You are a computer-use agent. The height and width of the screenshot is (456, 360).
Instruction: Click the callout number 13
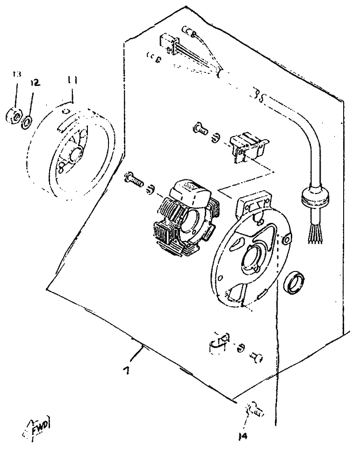click(x=16, y=74)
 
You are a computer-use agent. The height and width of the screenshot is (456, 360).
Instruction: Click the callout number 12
click(x=35, y=83)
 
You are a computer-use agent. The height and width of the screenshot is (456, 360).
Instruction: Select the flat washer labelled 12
click(x=27, y=122)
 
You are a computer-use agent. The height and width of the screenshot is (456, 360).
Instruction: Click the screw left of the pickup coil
click(x=200, y=128)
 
